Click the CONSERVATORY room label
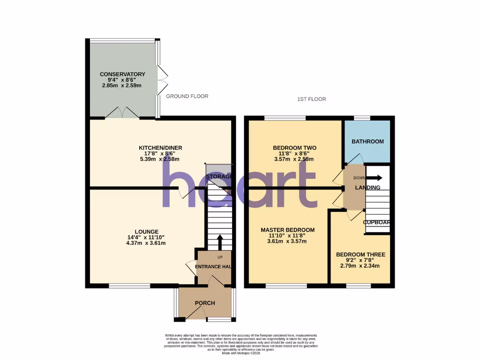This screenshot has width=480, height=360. tap(122, 74)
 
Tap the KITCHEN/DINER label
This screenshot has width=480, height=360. tap(160, 148)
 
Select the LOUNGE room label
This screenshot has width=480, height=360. tap(147, 232)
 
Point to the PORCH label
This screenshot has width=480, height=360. tap(205, 303)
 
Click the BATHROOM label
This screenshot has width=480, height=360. tap(368, 142)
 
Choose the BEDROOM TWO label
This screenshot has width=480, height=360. tap(294, 148)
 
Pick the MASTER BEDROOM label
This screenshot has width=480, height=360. tap(287, 230)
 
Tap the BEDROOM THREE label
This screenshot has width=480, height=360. tap(360, 255)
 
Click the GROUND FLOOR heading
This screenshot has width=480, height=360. tap(187, 96)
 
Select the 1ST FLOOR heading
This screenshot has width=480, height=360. tap(312, 99)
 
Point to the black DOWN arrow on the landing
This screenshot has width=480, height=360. tap(375, 178)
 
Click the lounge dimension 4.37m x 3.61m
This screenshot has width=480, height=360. tap(147, 243)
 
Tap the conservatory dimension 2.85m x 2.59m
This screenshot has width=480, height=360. tap(122, 86)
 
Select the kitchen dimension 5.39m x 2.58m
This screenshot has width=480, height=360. tap(160, 159)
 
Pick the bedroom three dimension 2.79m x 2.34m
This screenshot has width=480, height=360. tap(360, 266)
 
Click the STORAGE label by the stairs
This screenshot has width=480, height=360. tap(219, 176)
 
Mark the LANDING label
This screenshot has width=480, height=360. tap(367, 187)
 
